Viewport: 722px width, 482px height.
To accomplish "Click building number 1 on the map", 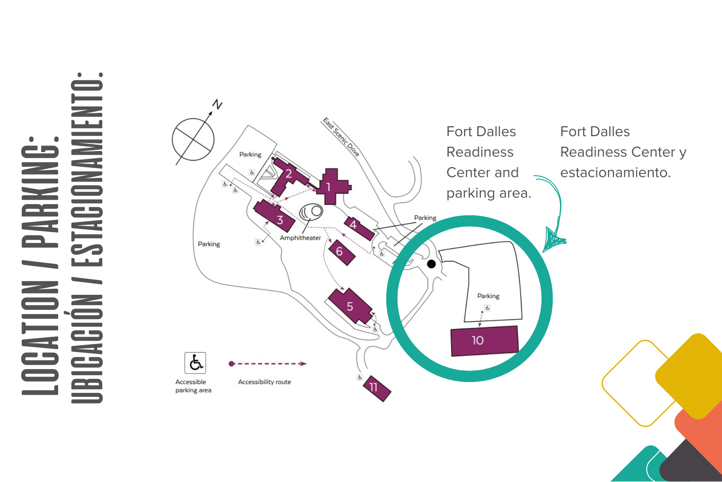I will click(x=331, y=187).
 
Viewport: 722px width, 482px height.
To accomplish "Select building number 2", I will click(x=288, y=175).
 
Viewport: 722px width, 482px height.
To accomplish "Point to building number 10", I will click(x=484, y=341).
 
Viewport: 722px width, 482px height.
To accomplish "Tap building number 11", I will click(x=377, y=388).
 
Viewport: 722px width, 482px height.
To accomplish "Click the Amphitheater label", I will click(x=300, y=238).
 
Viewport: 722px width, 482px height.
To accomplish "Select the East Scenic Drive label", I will click(x=341, y=137).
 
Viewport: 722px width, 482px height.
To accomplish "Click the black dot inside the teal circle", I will click(x=431, y=264).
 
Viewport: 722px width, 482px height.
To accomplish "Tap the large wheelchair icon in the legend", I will click(x=195, y=363).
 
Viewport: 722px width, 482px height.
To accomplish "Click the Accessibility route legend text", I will click(x=264, y=382).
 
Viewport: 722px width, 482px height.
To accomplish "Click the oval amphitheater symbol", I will click(x=311, y=211).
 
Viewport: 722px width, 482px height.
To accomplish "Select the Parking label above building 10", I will click(x=488, y=296).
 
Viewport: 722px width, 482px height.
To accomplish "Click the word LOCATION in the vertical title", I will click(x=40, y=337).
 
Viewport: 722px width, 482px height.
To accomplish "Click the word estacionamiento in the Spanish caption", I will click(x=615, y=173).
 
